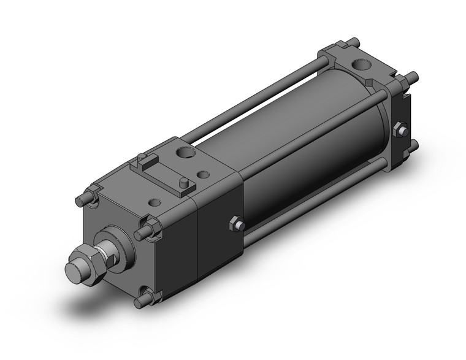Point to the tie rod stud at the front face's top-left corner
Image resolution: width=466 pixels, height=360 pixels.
click(83, 200)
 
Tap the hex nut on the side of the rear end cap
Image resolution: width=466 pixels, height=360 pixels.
click(401, 130)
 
